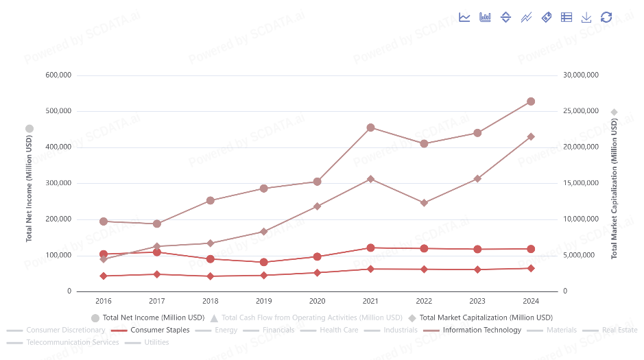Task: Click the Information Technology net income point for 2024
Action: [x=531, y=101]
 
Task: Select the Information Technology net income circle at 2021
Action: [x=370, y=128]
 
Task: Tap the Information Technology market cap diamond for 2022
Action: [x=424, y=203]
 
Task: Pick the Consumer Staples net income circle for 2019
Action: [x=263, y=262]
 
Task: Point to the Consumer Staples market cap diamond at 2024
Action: [x=531, y=268]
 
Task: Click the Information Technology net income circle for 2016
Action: [x=104, y=221]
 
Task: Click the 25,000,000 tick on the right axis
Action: [x=580, y=111]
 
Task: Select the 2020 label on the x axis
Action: [x=317, y=301]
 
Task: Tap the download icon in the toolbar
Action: [x=586, y=17]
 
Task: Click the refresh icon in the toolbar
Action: [x=606, y=17]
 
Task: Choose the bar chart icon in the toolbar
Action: [x=485, y=17]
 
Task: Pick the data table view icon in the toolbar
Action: [x=567, y=17]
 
